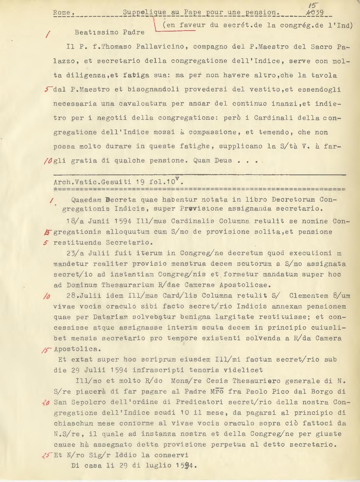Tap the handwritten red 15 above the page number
pos(311,5)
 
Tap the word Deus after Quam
pos(223,160)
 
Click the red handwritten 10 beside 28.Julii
pos(46,296)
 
